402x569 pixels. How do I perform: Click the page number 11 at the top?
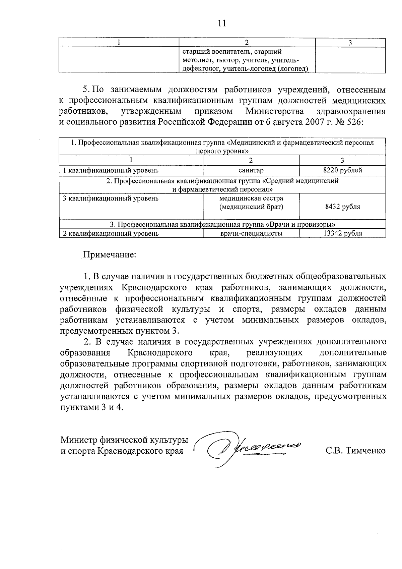[x=222, y=23]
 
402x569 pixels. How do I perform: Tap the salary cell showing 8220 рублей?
[x=342, y=170]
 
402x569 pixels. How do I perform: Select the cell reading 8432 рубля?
[x=342, y=207]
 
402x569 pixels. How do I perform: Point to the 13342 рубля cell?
[x=342, y=234]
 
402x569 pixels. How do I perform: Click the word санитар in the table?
[x=251, y=170]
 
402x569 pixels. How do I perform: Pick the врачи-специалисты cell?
[x=251, y=234]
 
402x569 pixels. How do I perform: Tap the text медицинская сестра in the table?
[x=251, y=198]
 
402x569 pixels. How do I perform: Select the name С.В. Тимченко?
[x=355, y=451]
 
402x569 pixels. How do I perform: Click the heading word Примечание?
[x=110, y=254]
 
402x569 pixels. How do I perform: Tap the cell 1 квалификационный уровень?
[x=111, y=170]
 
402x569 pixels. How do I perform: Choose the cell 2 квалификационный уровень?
[x=111, y=234]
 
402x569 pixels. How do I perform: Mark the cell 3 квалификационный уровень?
[x=111, y=198]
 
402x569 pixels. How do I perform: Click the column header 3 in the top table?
[x=350, y=43]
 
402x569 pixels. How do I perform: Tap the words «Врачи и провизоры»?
[x=300, y=224]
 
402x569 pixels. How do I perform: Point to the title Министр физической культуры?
[x=124, y=440]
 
